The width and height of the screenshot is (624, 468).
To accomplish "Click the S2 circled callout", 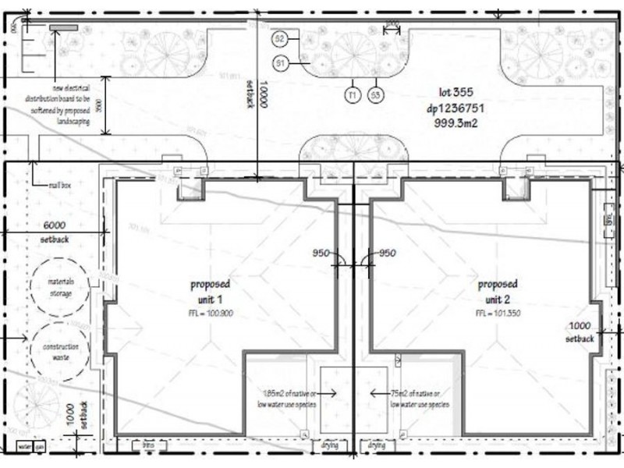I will coord(281,37).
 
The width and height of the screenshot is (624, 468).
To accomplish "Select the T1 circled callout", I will coord(353,94).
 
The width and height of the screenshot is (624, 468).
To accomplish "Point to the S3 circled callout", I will coord(375,94).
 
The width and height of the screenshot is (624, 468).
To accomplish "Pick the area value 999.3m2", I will coord(445,122).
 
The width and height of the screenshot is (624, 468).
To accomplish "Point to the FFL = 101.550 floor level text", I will coord(498,313).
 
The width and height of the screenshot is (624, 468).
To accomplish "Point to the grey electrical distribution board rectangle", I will coord(60,28).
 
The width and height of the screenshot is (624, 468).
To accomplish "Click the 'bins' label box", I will coord(148,445).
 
